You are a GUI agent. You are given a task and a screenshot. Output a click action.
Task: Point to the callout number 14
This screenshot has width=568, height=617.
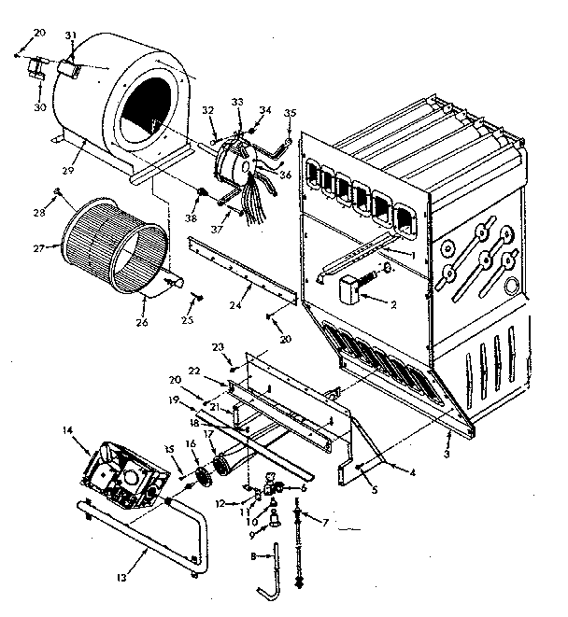66,430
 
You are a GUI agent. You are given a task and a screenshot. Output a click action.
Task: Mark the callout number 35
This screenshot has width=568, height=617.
290,115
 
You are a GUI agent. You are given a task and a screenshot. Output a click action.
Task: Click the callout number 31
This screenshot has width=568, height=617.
69,35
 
